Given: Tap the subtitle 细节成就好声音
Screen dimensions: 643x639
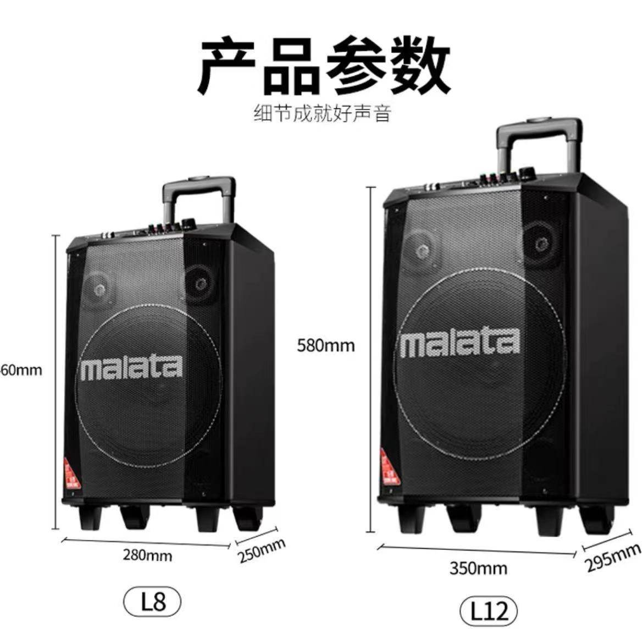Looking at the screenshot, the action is coord(322,114).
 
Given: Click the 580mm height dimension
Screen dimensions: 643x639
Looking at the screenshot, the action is coord(326,346).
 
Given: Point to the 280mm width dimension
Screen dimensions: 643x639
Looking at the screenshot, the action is coord(147,555).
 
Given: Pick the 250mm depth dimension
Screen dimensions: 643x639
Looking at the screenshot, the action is coord(262,552).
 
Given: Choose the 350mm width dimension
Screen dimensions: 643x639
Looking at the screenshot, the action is coord(478,568).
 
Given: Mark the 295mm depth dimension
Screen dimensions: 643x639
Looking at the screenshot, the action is coord(613,556).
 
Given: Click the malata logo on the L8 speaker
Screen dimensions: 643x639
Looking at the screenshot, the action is coord(131,369).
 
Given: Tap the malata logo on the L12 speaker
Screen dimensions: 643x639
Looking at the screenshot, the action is coord(459,342).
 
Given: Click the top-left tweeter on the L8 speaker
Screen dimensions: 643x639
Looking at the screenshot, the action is coord(101,288).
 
